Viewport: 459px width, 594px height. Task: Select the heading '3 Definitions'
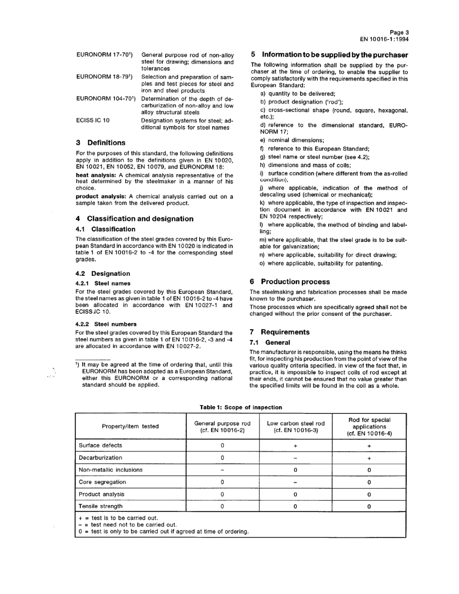(100, 143)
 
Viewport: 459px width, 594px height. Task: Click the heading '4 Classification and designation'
(134, 219)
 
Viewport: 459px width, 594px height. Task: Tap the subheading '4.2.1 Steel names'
(103, 283)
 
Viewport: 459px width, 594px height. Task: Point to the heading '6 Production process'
(290, 282)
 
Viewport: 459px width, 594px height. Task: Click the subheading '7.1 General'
(270, 342)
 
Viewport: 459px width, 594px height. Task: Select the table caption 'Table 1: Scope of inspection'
(241, 407)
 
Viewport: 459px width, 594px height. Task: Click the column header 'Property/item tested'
(130, 426)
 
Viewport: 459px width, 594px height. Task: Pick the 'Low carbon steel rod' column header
(295, 426)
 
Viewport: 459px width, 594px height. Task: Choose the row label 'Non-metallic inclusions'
(111, 469)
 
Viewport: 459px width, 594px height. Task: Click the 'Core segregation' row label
(102, 482)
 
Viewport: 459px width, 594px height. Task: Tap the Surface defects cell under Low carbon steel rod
(295, 445)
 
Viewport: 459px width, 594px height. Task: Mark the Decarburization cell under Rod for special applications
(369, 457)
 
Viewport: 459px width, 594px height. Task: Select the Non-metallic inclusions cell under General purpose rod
(222, 469)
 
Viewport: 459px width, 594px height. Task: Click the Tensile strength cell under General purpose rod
(222, 506)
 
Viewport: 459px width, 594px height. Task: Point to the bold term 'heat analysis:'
(96, 175)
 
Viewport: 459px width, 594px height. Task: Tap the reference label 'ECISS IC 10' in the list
(93, 120)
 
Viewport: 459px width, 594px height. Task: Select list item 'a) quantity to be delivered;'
(298, 94)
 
